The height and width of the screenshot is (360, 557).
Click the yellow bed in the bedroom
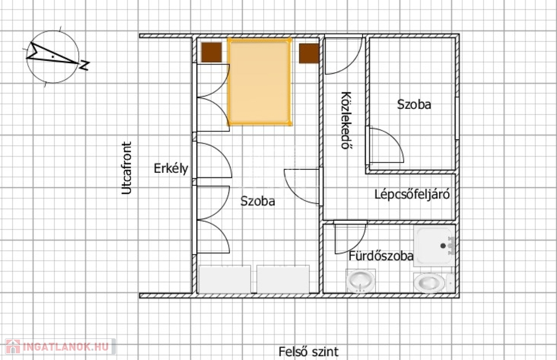click(x=259, y=82)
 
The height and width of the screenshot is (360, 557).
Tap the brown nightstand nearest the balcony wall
click(x=212, y=53)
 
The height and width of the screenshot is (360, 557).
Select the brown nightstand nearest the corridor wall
click(x=309, y=54)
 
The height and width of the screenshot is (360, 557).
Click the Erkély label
click(x=171, y=168)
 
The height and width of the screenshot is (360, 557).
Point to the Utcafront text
click(x=126, y=168)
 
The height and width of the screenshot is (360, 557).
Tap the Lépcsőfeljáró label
click(x=412, y=195)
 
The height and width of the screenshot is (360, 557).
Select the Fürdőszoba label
click(x=381, y=256)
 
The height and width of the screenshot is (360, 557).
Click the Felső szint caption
click(x=308, y=352)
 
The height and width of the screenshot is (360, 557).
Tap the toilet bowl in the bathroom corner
click(x=434, y=283)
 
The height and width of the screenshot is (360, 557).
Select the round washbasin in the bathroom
click(x=361, y=281)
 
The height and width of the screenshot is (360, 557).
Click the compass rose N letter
click(x=84, y=65)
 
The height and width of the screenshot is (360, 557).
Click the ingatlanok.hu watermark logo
click(x=60, y=346)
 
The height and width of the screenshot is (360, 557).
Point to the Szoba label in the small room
click(x=414, y=104)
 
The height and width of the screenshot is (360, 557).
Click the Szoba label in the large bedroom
click(x=258, y=201)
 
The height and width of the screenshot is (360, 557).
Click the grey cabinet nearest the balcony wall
click(x=225, y=280)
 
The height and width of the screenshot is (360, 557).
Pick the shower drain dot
click(x=443, y=246)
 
